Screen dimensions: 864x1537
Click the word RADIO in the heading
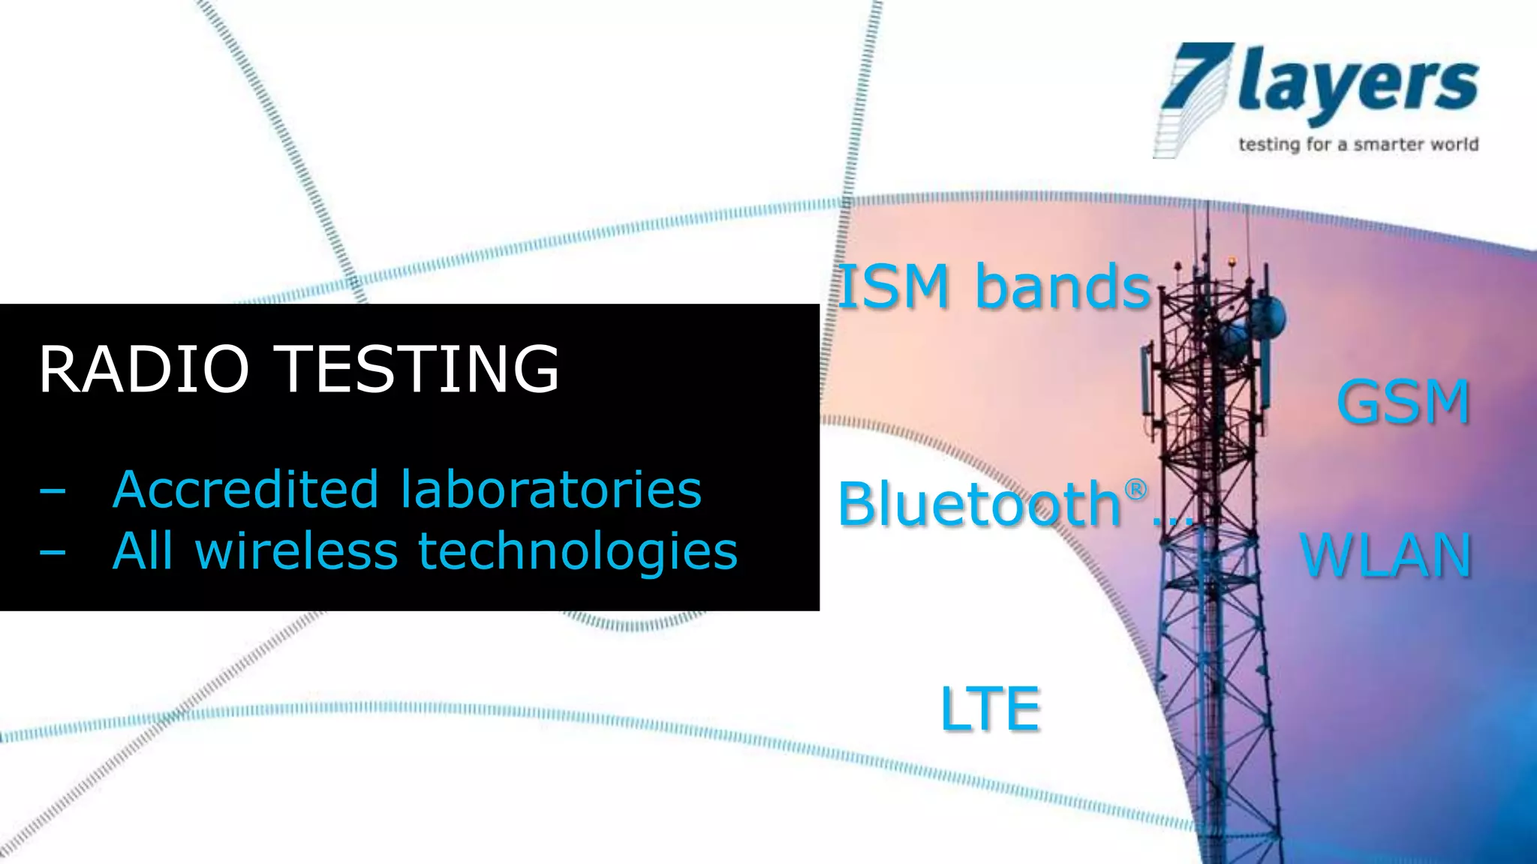tap(143, 369)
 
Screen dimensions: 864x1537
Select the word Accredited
tap(245, 490)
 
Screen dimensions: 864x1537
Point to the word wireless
tap(296, 552)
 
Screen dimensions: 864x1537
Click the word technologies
tap(577, 552)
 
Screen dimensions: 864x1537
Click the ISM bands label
tap(994, 286)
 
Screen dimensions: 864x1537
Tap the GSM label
tap(1403, 403)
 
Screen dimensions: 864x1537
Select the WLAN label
tap(1385, 556)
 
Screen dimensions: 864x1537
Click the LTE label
tap(990, 709)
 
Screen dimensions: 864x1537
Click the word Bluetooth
tap(979, 504)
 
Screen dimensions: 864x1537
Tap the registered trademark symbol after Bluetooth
tap(1135, 490)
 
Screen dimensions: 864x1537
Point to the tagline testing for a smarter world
tap(1358, 144)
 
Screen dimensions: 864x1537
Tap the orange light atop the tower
tap(1232, 262)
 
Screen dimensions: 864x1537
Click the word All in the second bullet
tap(143, 552)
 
